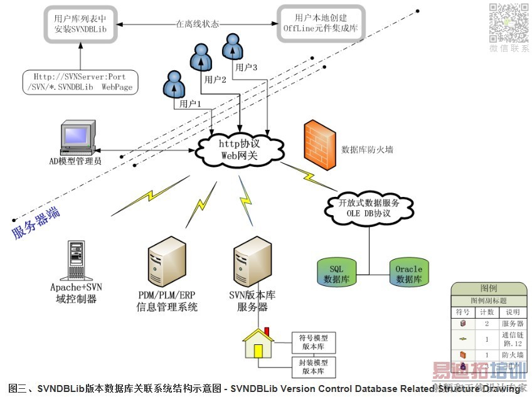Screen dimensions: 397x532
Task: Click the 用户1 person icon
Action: (x=174, y=84)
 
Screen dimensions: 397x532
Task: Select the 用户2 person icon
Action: (x=202, y=58)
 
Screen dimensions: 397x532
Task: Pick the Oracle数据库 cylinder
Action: (x=408, y=271)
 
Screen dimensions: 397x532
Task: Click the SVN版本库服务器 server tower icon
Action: (x=252, y=263)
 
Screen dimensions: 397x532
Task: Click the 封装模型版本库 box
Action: (x=313, y=366)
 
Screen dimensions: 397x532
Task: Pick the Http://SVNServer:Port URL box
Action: (x=80, y=82)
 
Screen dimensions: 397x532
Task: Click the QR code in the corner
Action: (x=509, y=23)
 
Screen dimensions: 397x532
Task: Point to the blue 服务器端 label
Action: (x=36, y=223)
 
